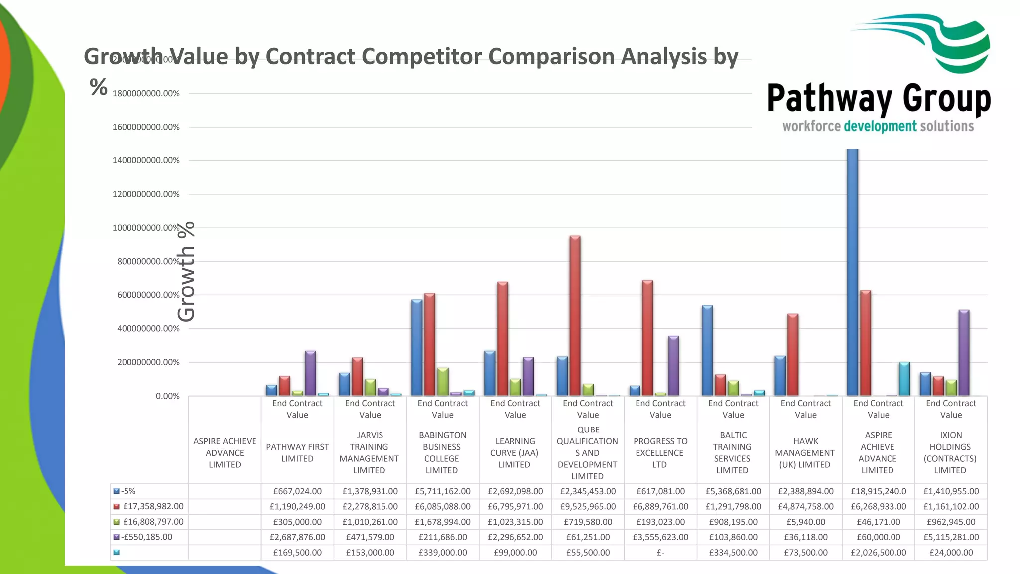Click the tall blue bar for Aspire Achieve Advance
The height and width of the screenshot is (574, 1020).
(x=852, y=272)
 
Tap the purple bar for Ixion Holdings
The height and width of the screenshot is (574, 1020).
(x=964, y=353)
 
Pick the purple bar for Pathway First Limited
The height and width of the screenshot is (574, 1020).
(x=310, y=373)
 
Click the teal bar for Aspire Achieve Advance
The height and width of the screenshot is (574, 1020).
(x=904, y=379)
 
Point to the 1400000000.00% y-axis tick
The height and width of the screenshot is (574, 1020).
(x=146, y=160)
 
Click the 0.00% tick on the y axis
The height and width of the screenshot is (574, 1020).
(x=168, y=396)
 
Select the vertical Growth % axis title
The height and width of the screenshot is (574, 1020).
(x=186, y=272)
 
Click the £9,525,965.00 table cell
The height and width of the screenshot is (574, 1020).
(x=588, y=507)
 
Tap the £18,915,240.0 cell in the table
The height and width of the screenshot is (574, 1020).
(x=878, y=491)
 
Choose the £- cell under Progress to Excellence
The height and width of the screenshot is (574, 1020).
(x=660, y=553)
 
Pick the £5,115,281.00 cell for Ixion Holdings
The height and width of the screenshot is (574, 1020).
(x=951, y=537)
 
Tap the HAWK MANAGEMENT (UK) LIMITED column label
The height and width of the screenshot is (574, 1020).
(x=805, y=453)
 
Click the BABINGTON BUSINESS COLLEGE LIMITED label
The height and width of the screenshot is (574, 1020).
(x=442, y=453)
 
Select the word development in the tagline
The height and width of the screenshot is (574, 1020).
(x=880, y=126)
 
